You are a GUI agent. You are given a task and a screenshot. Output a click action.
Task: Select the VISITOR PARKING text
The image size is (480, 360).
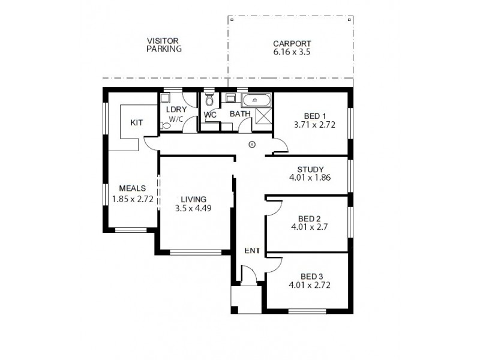[164, 45]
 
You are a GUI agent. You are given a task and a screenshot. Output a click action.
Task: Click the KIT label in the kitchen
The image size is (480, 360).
[137, 122]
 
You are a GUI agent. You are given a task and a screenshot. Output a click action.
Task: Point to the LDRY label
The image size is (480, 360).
[176, 110]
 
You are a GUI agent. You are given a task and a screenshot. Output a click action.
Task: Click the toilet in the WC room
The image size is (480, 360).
[209, 100]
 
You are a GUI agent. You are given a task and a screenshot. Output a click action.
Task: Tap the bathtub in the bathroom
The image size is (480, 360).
[256, 100]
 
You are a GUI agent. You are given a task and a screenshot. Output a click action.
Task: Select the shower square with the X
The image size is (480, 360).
[263, 116]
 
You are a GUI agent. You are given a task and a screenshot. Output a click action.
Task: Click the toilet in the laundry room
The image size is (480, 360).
[165, 125]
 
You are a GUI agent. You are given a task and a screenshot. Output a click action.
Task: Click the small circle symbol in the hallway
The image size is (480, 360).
[252, 144]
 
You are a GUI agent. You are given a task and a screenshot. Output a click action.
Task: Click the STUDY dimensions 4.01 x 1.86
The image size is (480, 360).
[310, 178]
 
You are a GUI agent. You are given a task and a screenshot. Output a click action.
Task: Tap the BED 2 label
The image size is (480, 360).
[310, 218]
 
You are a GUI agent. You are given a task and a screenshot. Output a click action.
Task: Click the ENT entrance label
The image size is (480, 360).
[251, 250]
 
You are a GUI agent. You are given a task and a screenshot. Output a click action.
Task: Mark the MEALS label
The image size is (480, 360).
[130, 188]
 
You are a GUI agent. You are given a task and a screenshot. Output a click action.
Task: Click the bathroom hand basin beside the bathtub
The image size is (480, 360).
[230, 100]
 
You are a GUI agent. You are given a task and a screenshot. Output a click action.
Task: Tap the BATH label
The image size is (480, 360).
[240, 113]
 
